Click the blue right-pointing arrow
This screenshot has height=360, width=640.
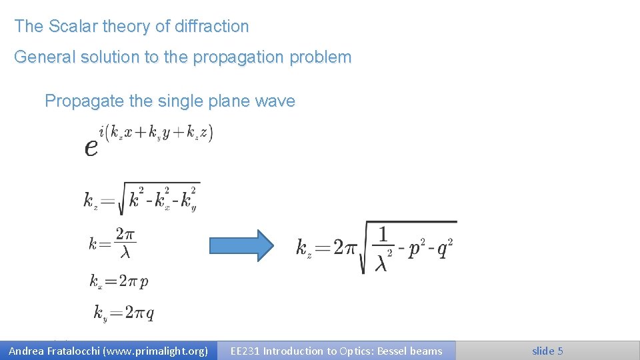pos(241,245)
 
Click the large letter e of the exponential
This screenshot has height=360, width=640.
pos(91,147)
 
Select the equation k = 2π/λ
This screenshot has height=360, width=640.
pos(113,244)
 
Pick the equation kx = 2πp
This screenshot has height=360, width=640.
pos(119,281)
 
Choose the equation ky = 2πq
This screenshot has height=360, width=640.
pos(124,313)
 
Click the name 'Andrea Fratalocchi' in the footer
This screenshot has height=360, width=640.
pos(53,351)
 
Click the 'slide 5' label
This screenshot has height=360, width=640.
pos(547,351)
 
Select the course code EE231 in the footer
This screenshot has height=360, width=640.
pos(245,351)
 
